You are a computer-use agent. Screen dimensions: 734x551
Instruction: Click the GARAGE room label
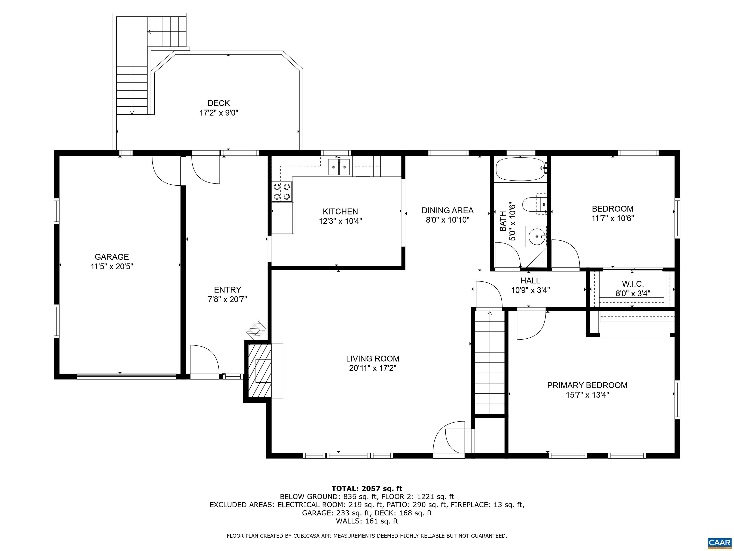tap(112, 257)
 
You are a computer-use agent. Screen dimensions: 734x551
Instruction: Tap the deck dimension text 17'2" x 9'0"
tap(219, 113)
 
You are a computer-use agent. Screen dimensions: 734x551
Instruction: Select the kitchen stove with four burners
tap(282, 192)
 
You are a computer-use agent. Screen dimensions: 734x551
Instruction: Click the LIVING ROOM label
tap(373, 359)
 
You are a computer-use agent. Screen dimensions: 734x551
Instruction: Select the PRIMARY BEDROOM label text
tap(587, 385)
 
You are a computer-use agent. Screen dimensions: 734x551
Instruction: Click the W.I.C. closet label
tap(633, 284)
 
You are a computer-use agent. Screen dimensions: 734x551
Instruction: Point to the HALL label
tap(530, 281)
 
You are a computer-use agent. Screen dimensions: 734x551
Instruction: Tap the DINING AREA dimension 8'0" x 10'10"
tap(448, 220)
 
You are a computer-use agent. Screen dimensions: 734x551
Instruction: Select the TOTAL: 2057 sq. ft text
tap(367, 489)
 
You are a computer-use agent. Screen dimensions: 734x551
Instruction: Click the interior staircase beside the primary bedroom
tap(490, 363)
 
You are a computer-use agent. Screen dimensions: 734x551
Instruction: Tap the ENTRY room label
tap(228, 290)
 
